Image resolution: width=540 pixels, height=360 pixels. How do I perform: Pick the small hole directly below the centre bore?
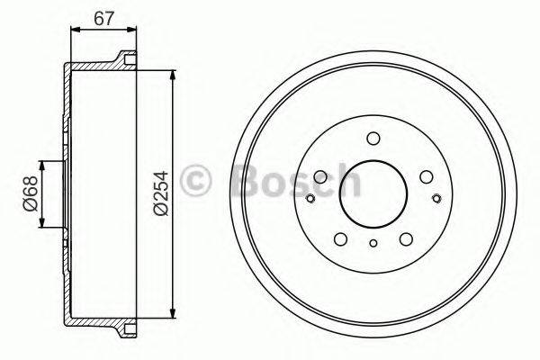[x=372, y=242]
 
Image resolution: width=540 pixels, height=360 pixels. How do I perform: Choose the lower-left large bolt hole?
[x=340, y=238]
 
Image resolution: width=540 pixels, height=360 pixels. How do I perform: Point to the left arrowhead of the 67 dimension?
[x=74, y=30]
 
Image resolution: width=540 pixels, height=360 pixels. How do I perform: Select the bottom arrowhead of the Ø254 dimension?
[x=171, y=314]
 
